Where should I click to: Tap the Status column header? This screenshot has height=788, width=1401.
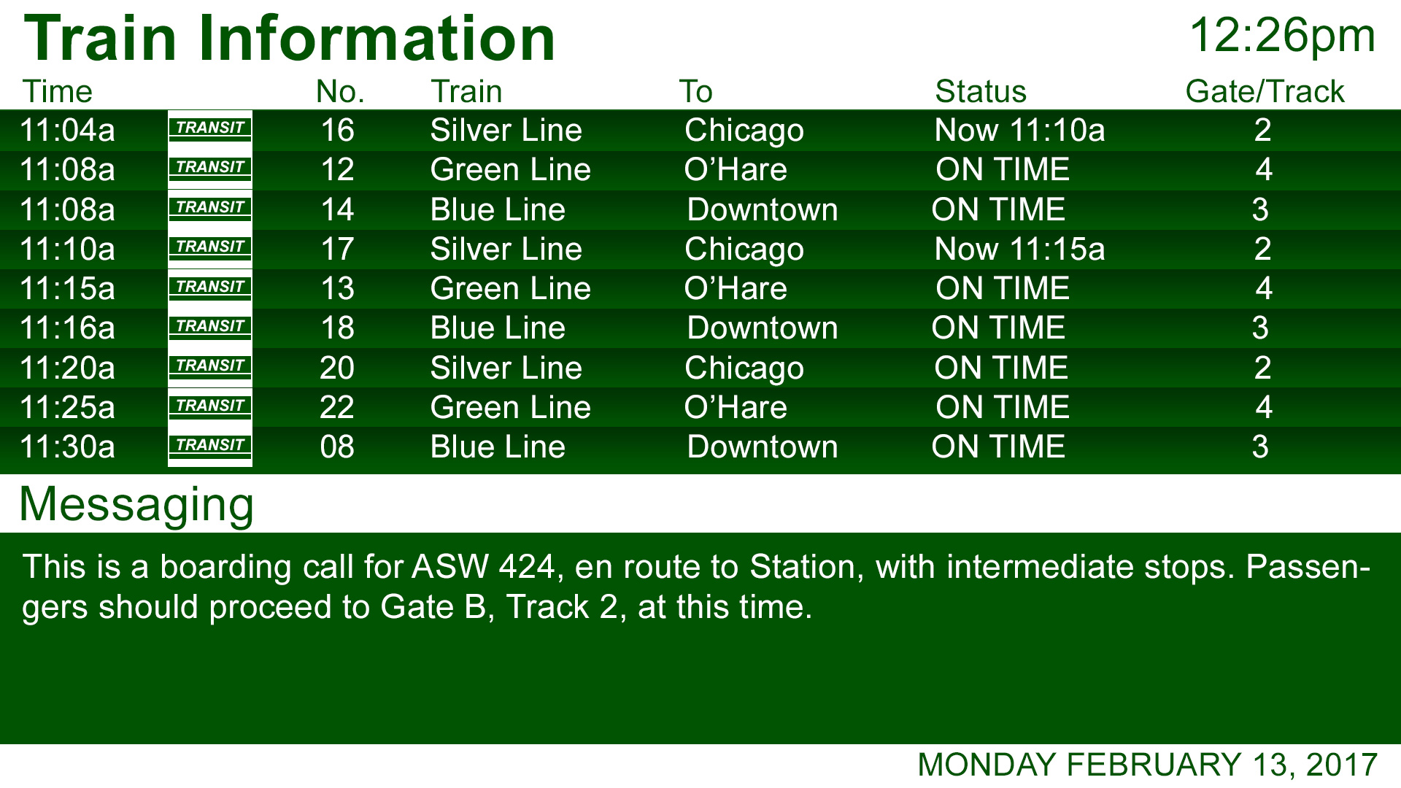click(x=980, y=92)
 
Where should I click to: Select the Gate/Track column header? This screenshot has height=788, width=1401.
click(x=1264, y=92)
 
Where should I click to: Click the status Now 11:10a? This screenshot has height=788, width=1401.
click(x=1019, y=131)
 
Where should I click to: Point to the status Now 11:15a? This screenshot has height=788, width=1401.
click(x=1019, y=250)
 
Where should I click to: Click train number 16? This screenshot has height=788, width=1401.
click(x=337, y=131)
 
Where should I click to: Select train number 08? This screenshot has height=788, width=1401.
click(x=337, y=447)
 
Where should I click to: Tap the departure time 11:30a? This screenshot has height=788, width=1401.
click(x=67, y=447)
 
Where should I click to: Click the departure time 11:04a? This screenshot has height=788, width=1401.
click(x=67, y=131)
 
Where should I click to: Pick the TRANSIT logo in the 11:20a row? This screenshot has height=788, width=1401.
click(x=210, y=366)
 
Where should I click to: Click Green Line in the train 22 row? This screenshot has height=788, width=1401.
click(x=510, y=408)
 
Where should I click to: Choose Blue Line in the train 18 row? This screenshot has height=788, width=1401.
click(x=498, y=328)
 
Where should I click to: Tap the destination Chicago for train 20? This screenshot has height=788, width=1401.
click(x=744, y=368)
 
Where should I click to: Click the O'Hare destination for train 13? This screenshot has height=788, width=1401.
click(x=736, y=289)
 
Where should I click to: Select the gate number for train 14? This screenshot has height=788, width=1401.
click(x=1260, y=210)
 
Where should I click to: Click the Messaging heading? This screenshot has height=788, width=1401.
click(x=136, y=505)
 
